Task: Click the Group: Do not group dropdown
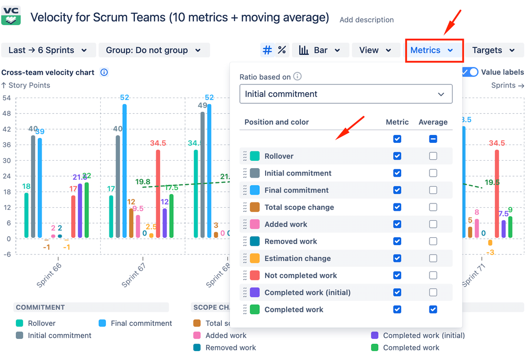click(154, 51)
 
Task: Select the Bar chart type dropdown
click(320, 51)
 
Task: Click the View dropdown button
click(375, 51)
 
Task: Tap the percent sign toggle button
click(282, 50)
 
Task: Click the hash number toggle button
click(268, 50)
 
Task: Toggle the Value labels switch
click(470, 72)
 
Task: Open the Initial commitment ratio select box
click(346, 94)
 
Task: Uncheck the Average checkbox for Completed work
click(433, 309)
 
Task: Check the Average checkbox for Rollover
click(433, 156)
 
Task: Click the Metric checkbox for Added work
click(397, 224)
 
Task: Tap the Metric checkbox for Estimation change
click(397, 258)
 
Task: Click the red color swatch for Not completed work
click(255, 275)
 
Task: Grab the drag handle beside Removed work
click(245, 241)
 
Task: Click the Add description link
click(366, 20)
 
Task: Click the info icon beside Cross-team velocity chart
click(104, 72)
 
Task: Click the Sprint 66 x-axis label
click(49, 275)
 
